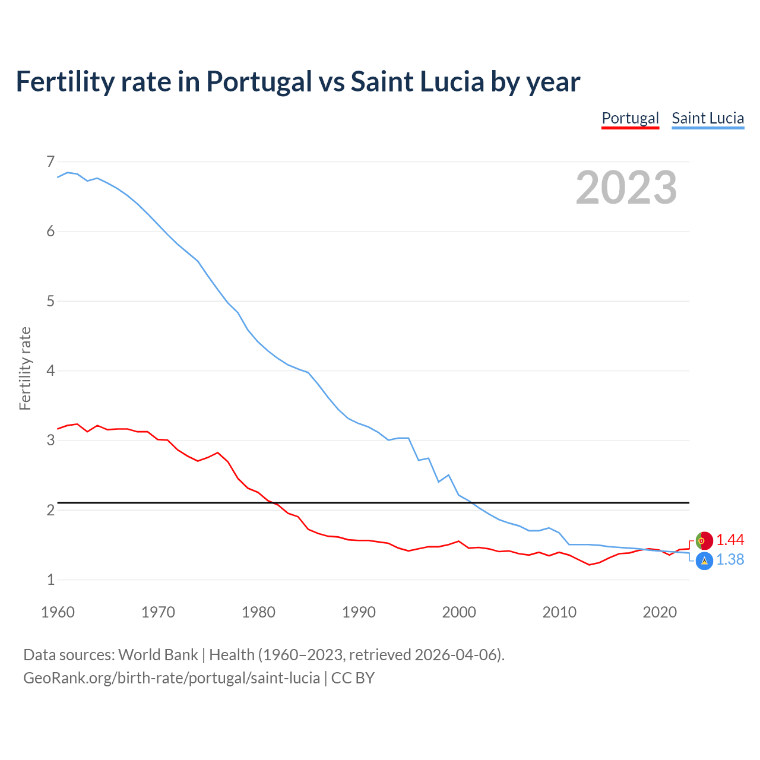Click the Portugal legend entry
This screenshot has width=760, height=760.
click(630, 118)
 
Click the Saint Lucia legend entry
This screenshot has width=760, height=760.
click(708, 118)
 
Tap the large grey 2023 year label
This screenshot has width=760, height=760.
click(626, 188)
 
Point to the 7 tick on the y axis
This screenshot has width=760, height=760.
click(50, 161)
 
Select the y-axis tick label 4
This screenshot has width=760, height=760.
click(50, 370)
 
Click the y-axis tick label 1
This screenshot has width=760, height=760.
click(50, 579)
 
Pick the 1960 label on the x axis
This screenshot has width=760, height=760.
click(58, 612)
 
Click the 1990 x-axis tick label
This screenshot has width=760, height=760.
click(359, 612)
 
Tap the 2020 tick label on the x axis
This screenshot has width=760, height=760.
click(660, 612)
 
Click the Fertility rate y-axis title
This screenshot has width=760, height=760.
click(25, 368)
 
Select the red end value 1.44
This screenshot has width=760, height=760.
click(730, 540)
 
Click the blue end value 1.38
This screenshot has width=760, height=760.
click(730, 560)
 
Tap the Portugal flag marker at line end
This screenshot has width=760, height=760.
click(704, 540)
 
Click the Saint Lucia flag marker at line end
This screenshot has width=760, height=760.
click(704, 560)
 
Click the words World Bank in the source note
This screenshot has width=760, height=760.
click(158, 655)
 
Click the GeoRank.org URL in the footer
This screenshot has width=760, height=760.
click(171, 678)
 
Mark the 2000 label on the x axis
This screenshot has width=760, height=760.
click(459, 612)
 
